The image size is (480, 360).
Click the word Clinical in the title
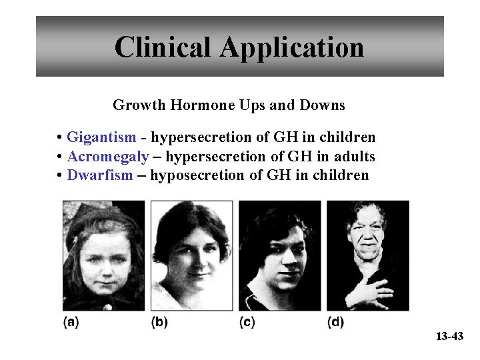coord(162,47)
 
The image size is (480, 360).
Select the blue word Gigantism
coord(101,138)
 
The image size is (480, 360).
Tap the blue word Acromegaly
coord(108,157)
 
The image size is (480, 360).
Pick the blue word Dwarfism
coord(100,176)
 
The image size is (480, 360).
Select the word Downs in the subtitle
coord(325,105)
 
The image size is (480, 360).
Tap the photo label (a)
coord(71,323)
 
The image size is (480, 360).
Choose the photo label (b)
coord(159,323)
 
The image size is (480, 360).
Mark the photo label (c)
coord(247,323)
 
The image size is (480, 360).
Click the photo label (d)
coord(335,323)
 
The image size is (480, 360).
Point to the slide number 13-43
coord(449,337)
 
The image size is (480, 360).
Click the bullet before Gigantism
coord(60,138)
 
